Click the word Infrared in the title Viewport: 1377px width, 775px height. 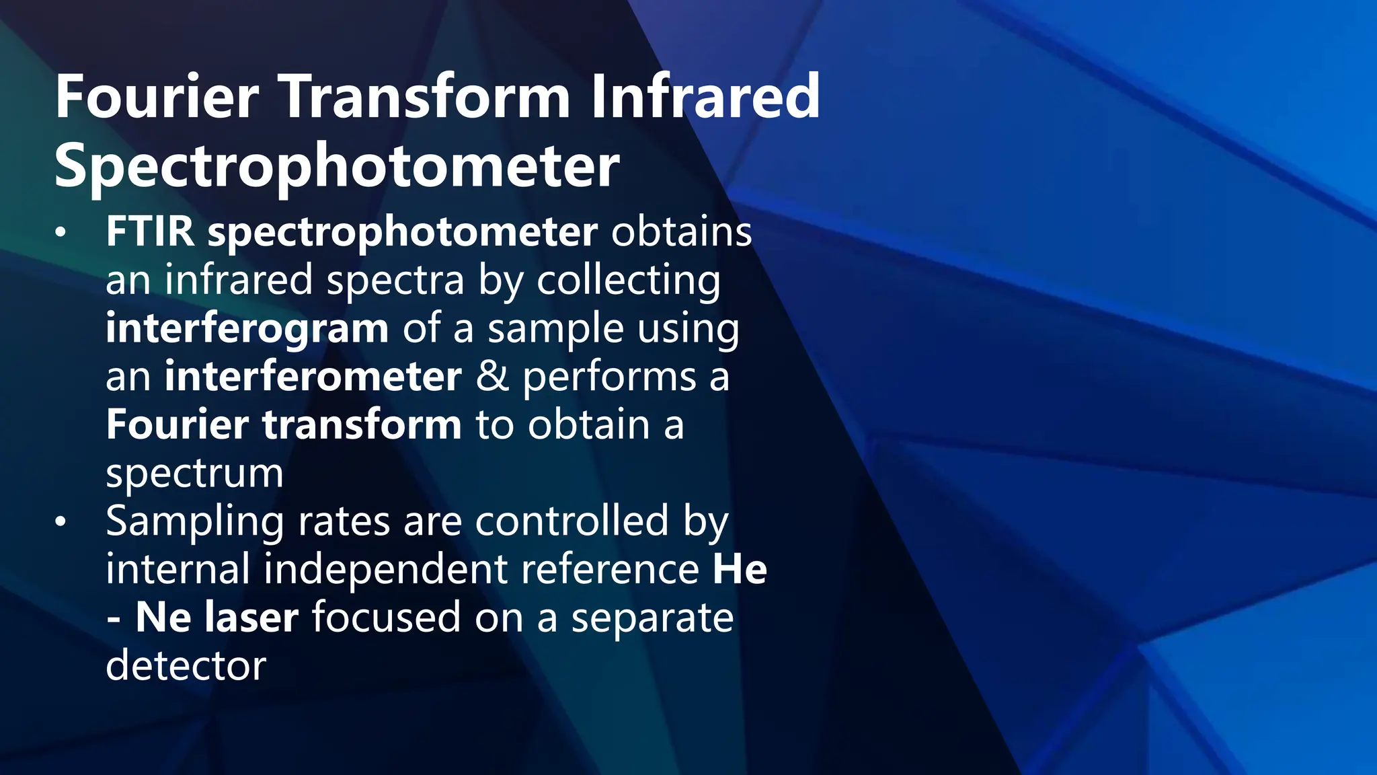click(705, 98)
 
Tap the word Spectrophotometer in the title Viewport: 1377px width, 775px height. click(337, 166)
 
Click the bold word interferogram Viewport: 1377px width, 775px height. click(247, 329)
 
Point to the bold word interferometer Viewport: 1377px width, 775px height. click(313, 377)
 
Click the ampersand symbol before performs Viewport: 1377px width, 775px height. click(492, 377)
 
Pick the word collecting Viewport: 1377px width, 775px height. click(628, 281)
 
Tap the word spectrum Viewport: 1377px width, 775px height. click(194, 474)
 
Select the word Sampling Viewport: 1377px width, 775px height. click(194, 522)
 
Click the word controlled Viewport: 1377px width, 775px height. click(572, 521)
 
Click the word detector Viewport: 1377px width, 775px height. click(186, 666)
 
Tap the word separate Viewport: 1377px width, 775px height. click(652, 618)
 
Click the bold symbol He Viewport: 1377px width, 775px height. click(740, 570)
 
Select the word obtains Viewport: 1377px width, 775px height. click(681, 232)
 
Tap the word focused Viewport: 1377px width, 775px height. click(386, 618)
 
